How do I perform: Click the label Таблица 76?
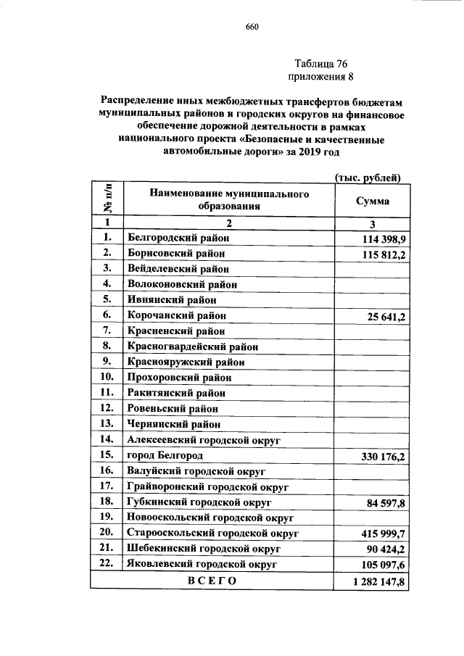(321, 64)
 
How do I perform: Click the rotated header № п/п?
(106, 200)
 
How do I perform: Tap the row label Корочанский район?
(176, 316)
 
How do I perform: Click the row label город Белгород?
(165, 455)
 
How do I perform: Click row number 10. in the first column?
(106, 377)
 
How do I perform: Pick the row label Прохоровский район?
(179, 378)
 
